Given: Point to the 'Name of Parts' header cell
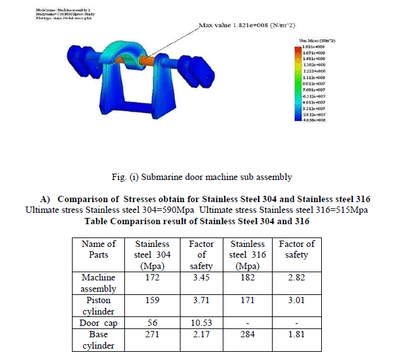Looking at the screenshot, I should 99,249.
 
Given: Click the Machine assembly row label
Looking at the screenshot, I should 99,282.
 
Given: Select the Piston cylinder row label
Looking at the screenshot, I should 99,306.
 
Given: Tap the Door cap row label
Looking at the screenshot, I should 99,323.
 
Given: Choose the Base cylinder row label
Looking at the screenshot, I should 99,340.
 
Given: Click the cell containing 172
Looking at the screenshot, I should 150,277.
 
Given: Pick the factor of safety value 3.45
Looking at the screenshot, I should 201,277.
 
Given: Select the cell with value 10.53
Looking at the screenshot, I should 201,323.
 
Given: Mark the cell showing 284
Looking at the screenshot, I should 247,335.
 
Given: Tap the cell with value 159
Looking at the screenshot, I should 150,301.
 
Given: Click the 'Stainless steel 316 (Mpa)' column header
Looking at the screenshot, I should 247,255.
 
